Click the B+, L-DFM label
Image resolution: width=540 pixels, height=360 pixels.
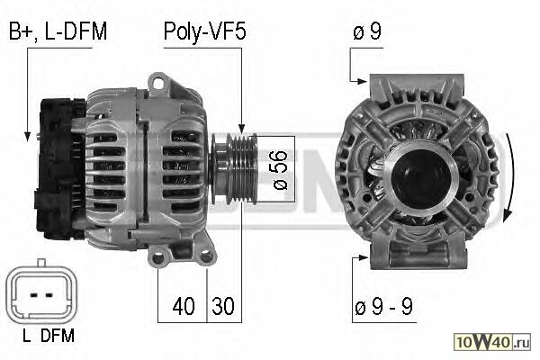point(58,31)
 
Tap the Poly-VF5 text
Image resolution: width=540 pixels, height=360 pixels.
point(204,31)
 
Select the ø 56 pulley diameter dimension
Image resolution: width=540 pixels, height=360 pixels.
point(281,170)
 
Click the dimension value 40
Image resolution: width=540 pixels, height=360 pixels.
point(184,306)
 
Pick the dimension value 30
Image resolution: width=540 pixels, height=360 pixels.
point(223,306)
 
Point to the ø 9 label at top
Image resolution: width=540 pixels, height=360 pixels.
point(367,31)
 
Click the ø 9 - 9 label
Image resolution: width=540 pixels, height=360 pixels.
point(383,306)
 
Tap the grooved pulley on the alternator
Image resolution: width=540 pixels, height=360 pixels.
point(235,169)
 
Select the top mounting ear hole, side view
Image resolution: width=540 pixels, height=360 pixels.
point(158,83)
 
